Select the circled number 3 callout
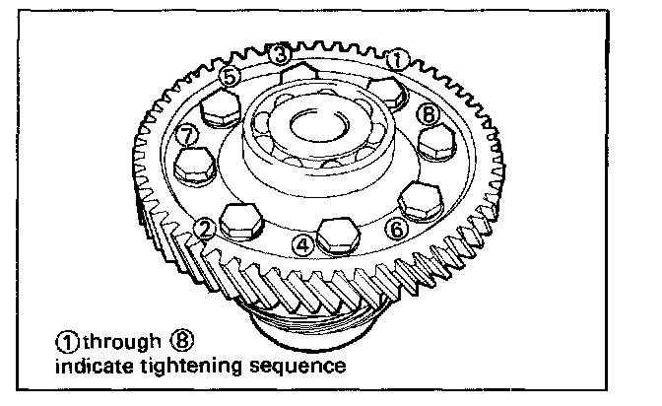[280, 53]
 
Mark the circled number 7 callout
[187, 134]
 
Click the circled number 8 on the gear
[427, 113]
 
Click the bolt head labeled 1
[385, 92]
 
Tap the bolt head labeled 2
[242, 219]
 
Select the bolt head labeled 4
[337, 232]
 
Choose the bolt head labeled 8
[435, 144]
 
